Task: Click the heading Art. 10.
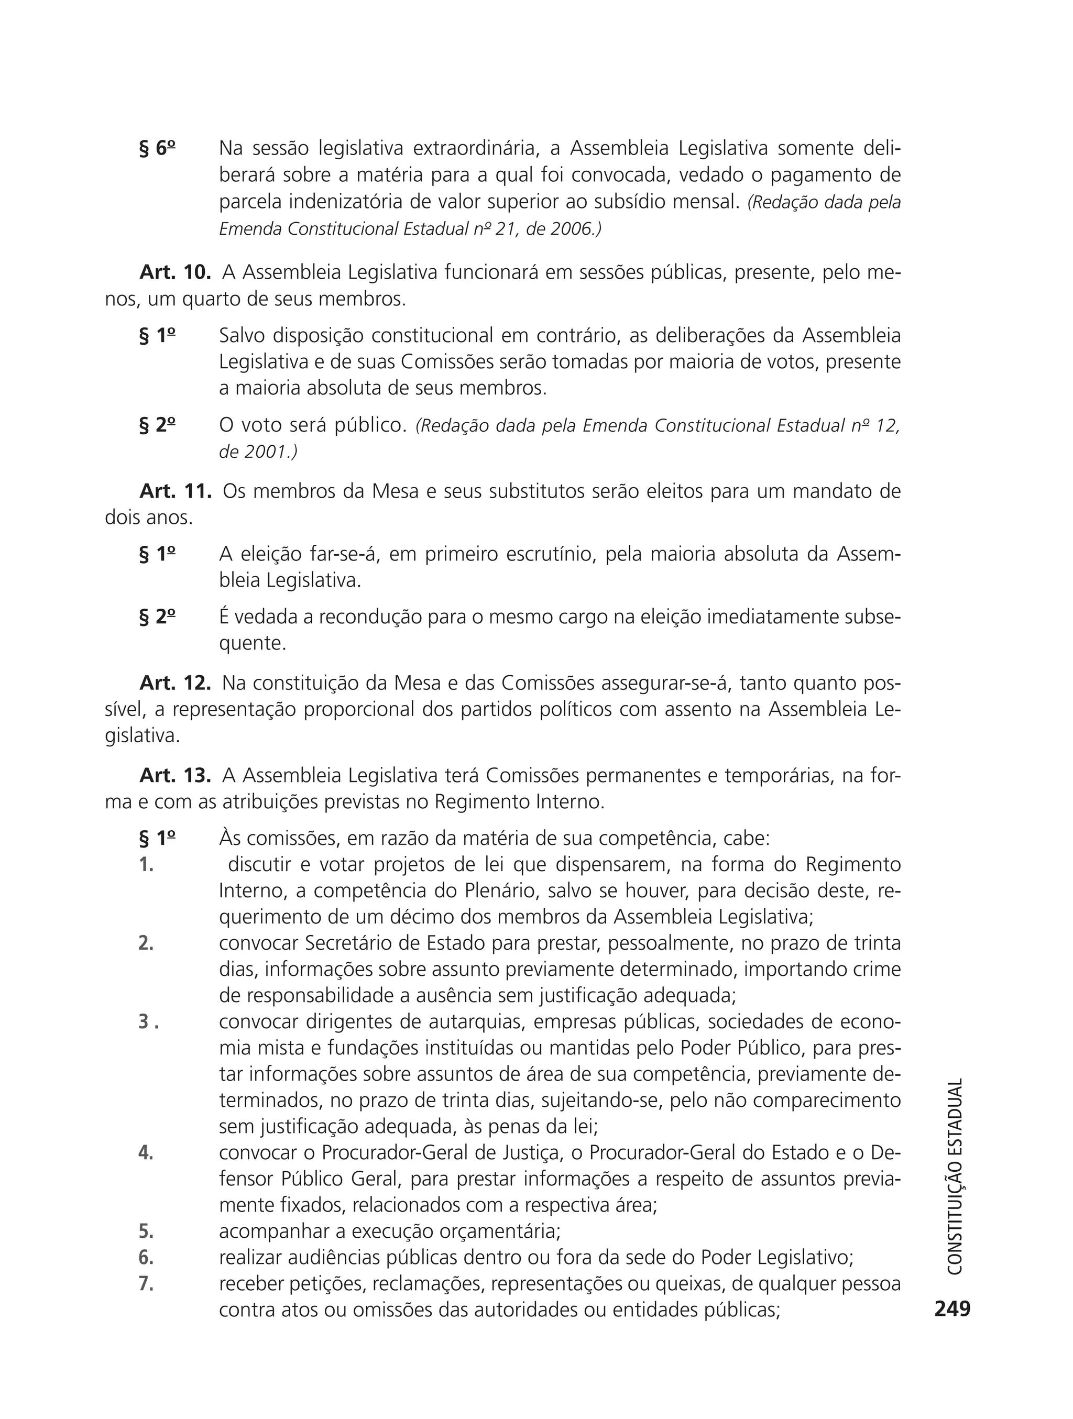point(175,272)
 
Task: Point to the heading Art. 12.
point(175,683)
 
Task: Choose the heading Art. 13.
point(175,776)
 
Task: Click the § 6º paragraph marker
point(157,148)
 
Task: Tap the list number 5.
point(146,1231)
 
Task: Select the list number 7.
point(146,1284)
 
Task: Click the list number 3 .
point(148,1021)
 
